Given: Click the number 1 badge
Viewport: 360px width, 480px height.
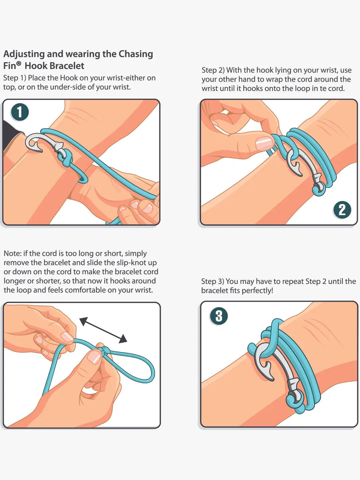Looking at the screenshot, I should coord(20,112).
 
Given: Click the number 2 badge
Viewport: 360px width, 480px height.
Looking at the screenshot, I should coord(342,210).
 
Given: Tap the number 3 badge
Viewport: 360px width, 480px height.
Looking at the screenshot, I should coord(219,316).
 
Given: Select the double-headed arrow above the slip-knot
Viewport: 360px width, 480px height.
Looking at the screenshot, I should coord(103,330).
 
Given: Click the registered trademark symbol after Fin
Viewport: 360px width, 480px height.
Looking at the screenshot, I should coord(19,63).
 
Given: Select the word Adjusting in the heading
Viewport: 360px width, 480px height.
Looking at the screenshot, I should coord(24,54).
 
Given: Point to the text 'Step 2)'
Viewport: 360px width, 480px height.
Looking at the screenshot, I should coord(213,70).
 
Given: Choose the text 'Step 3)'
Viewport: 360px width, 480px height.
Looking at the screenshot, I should coord(212,282).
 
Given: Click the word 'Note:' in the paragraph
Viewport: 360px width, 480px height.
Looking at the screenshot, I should coord(12,254).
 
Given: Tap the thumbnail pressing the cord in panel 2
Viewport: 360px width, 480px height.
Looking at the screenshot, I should coord(264,143).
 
